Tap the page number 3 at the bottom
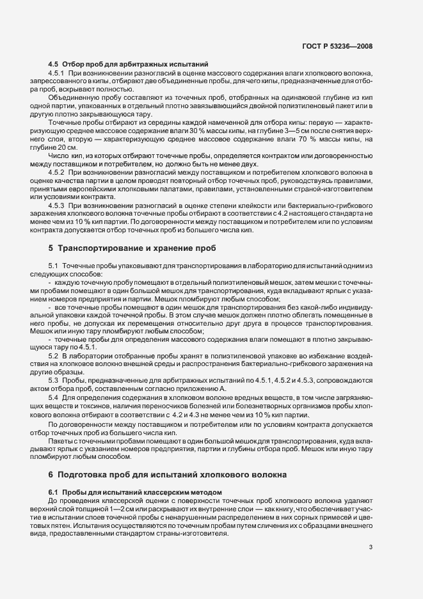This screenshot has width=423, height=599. tap(371, 547)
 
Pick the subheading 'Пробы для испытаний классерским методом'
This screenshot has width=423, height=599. tap(135, 490)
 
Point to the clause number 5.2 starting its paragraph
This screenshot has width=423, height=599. tap(54, 355)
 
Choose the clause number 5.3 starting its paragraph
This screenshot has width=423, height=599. tap(54, 380)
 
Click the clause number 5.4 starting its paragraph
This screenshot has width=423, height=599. tap(54, 398)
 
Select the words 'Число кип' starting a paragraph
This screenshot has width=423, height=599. tap(65, 156)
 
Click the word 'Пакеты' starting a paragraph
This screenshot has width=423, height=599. tap(60, 442)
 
